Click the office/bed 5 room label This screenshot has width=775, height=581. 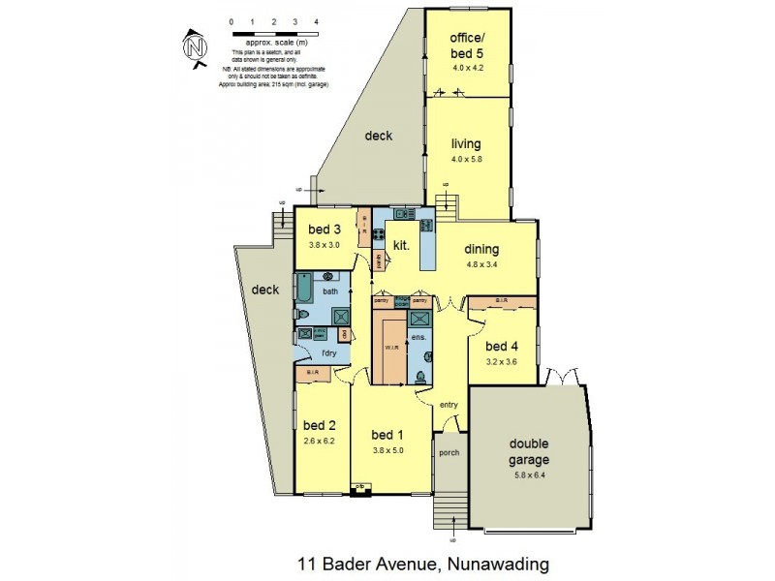point(467,46)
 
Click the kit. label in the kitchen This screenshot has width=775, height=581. point(402,246)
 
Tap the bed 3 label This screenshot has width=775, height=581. point(324,229)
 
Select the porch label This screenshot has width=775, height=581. point(449,452)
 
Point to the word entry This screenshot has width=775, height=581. point(449,405)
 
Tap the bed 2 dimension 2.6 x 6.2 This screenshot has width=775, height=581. point(319,439)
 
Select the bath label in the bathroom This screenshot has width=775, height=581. point(330,290)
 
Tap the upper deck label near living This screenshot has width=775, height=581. point(379,136)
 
